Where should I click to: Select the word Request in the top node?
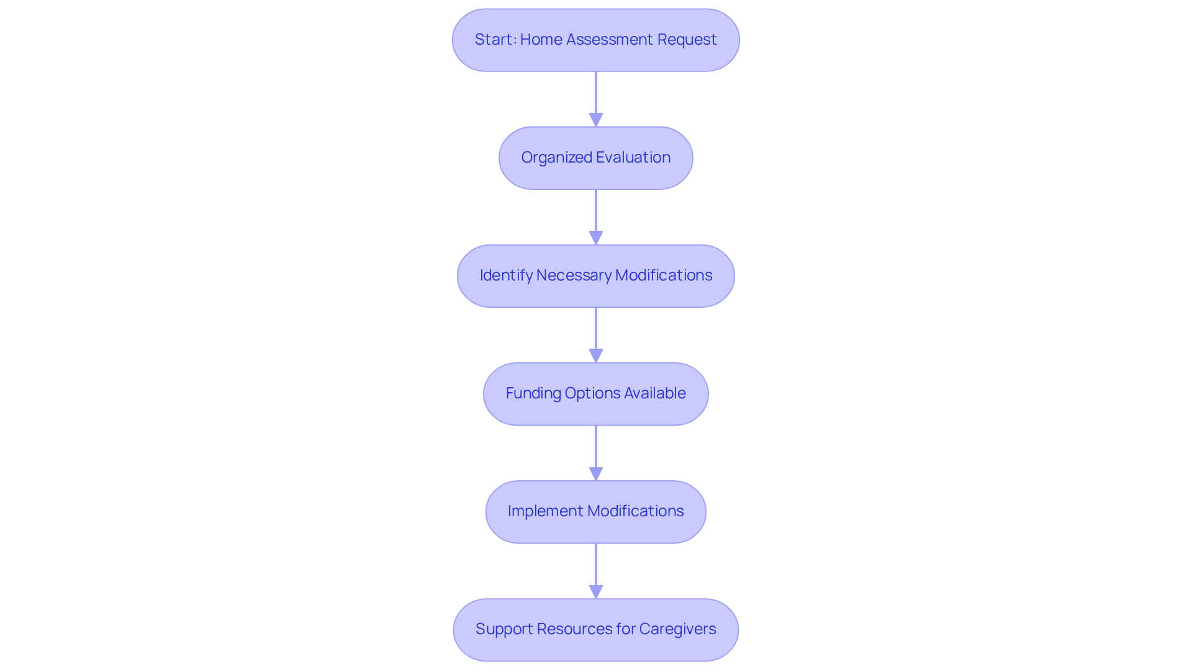coord(687,40)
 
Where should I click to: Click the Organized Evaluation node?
coord(595,158)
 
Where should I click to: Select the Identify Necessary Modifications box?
coord(595,276)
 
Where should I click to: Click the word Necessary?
coord(574,276)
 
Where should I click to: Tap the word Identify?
coord(505,276)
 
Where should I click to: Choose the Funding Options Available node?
coord(595,394)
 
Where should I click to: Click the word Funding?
coord(533,393)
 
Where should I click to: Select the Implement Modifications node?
coord(595,512)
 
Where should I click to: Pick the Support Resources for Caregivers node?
coord(595,630)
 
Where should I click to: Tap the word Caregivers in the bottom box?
coord(677,629)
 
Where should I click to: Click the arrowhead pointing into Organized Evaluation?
coord(596,120)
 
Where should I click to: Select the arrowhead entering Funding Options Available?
coord(596,356)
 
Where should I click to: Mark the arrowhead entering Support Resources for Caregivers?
coord(596,591)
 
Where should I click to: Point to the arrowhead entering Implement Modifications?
coord(596,473)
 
